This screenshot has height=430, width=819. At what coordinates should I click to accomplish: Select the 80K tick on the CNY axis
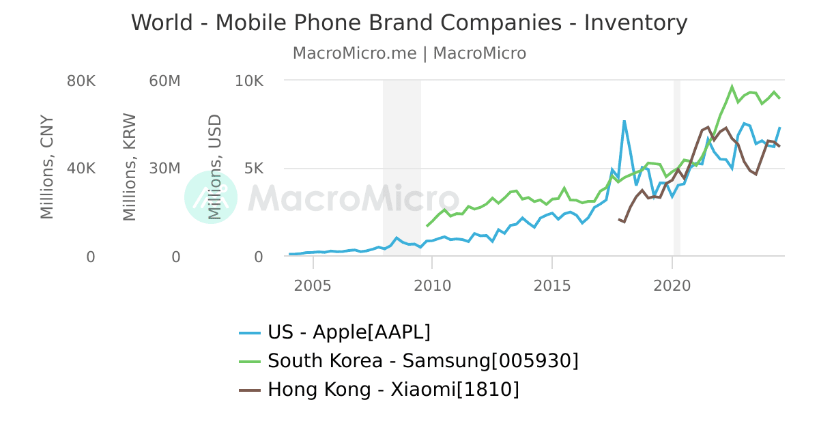(x=81, y=81)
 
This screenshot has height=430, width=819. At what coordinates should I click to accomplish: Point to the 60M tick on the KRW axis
(x=164, y=81)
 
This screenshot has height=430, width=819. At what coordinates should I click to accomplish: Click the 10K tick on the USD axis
(x=248, y=81)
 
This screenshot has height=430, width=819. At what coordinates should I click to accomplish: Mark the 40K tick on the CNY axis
(x=81, y=169)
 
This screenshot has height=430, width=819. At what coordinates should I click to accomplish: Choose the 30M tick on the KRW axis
(x=164, y=169)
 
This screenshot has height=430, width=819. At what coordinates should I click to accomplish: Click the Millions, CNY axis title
(x=46, y=167)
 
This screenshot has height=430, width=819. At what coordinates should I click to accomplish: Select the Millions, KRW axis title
(x=130, y=167)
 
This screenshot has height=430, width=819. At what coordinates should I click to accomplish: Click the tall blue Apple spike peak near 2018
(x=624, y=121)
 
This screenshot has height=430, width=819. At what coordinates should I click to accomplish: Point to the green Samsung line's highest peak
(x=732, y=87)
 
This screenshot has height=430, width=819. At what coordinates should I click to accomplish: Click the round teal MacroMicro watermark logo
(x=211, y=197)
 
